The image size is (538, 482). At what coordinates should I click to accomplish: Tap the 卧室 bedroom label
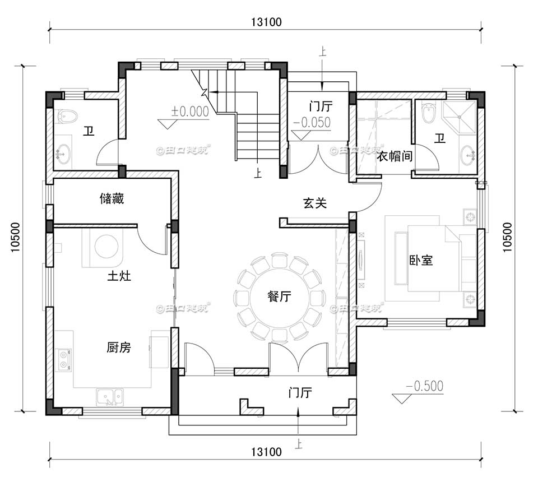[x=421, y=260]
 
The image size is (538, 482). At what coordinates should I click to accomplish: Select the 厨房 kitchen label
[x=119, y=347]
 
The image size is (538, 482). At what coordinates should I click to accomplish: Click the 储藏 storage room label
[x=112, y=198]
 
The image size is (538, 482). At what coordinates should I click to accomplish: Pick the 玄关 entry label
[x=315, y=203]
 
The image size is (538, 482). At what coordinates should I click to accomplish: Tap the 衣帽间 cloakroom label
[x=394, y=157]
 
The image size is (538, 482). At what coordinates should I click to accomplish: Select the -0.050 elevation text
[x=312, y=122]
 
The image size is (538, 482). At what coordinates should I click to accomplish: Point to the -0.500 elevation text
[x=424, y=386]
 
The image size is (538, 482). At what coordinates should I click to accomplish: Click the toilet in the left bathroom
[x=68, y=117]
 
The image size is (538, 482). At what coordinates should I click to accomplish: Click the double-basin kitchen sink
[x=109, y=396]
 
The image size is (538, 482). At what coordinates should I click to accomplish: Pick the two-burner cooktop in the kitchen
[x=63, y=359]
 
